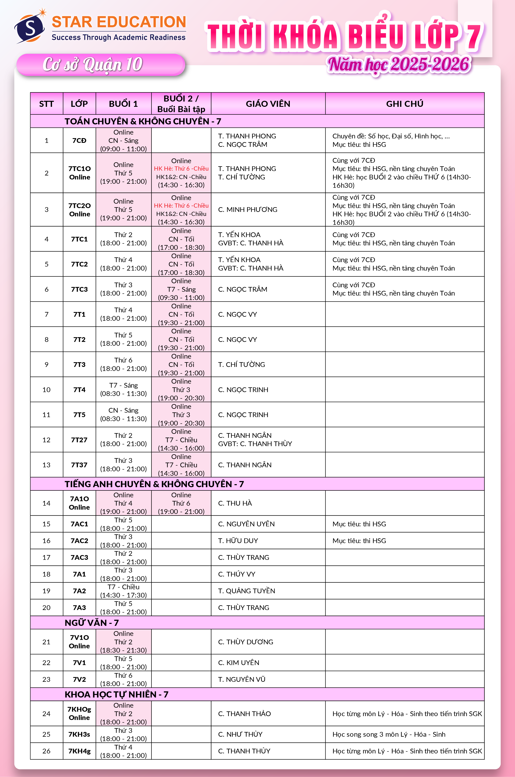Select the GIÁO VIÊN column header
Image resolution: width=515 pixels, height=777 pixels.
(x=268, y=104)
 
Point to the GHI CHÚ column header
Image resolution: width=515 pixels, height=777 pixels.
(x=405, y=104)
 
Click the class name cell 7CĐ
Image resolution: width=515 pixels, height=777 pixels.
(x=80, y=141)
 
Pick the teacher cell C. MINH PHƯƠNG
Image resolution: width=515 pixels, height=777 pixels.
(x=248, y=209)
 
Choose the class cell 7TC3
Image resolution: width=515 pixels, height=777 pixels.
(x=80, y=289)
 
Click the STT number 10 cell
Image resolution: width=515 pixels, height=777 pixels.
(x=47, y=390)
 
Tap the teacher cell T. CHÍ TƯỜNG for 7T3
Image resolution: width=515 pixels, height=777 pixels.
(x=241, y=364)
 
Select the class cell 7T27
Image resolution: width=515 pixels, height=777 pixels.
(x=80, y=440)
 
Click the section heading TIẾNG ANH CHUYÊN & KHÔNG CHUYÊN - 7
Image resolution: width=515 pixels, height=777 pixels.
(x=154, y=484)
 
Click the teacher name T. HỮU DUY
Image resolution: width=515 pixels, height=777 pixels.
(x=238, y=541)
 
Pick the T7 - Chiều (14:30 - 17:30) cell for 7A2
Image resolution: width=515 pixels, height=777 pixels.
(x=123, y=591)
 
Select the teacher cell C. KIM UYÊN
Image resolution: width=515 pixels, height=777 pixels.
(x=239, y=662)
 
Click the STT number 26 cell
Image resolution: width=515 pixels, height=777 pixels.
(x=47, y=751)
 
